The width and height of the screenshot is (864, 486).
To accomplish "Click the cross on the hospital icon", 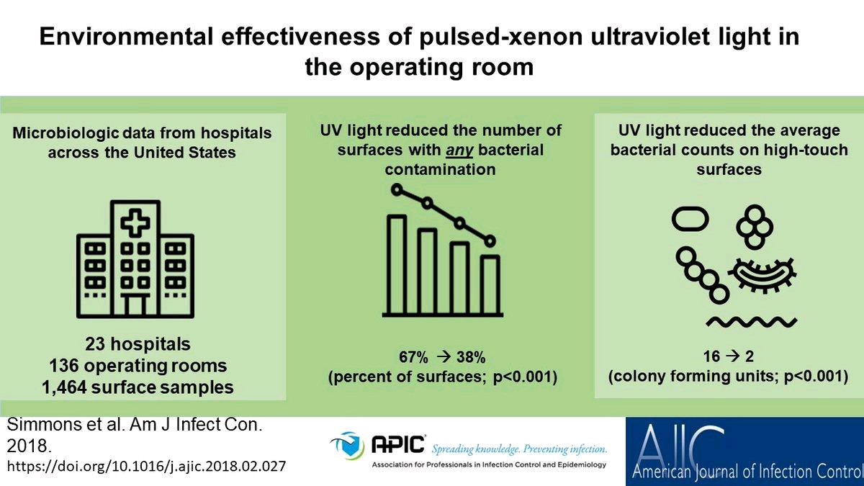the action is tap(135, 222).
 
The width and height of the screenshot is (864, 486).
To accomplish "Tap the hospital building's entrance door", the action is tap(135, 305).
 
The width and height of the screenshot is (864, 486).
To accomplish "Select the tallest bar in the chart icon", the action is tap(397, 265).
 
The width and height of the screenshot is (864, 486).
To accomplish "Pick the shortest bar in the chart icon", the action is tap(490, 285).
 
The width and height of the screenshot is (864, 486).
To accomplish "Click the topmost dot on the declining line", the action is tap(397, 190).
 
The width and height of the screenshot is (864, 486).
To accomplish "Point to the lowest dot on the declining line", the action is tap(490, 241).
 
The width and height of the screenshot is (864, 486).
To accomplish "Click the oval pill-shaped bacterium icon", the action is tap(690, 219).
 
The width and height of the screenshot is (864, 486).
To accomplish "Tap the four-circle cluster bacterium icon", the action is tap(755, 227).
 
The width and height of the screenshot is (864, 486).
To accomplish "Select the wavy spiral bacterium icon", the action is tap(752, 322).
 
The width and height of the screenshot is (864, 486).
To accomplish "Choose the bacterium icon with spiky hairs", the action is tap(762, 275).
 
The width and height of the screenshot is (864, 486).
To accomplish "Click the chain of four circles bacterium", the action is tap(702, 275).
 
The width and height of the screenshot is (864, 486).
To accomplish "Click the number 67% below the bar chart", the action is tap(413, 358).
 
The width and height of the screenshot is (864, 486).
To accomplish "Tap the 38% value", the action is tap(471, 358).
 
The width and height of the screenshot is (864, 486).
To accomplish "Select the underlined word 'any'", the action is tap(459, 150).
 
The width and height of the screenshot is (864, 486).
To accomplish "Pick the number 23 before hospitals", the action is tap(95, 344).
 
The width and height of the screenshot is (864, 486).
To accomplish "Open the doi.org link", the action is tap(147, 467).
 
